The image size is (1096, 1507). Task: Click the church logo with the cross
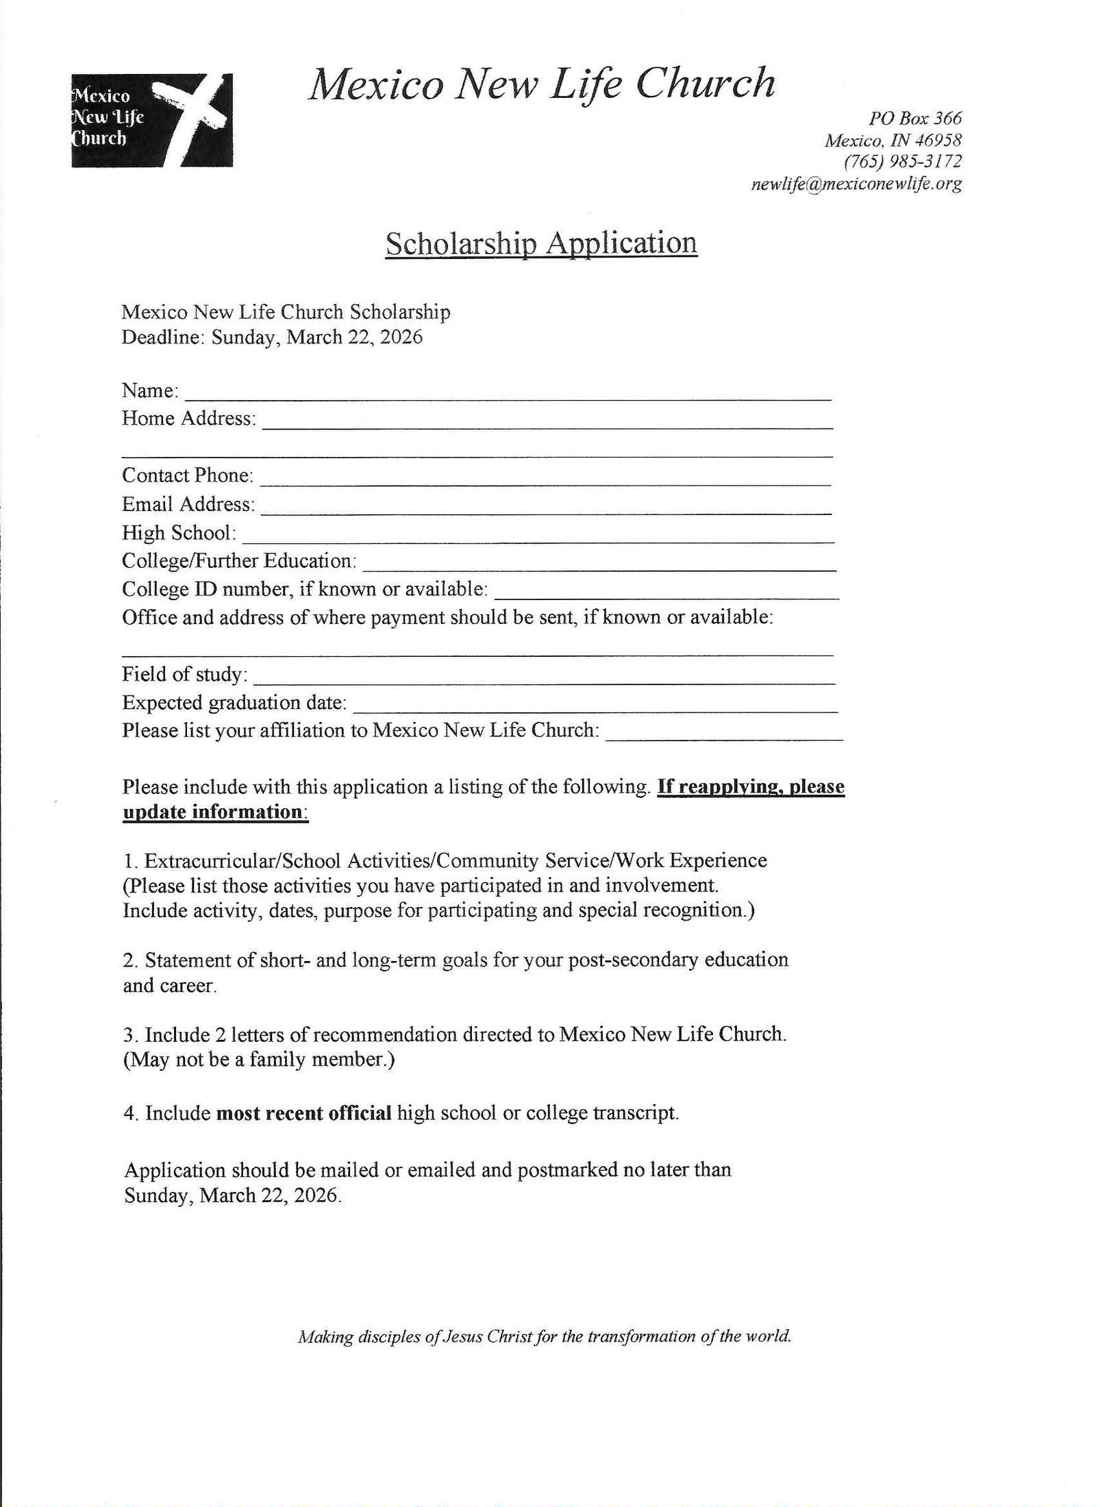[x=151, y=120]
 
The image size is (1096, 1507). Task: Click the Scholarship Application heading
[x=541, y=243]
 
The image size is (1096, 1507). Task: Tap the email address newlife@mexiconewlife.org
[x=856, y=184]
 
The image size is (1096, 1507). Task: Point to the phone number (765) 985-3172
[x=902, y=162]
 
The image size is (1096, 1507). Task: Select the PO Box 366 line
[x=914, y=118]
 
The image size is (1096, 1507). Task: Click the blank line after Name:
[x=508, y=394]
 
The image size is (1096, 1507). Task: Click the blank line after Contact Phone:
[x=545, y=480]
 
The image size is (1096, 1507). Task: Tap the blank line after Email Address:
[x=546, y=508]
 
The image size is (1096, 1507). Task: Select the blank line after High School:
[x=538, y=537]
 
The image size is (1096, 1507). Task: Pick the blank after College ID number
[x=666, y=593]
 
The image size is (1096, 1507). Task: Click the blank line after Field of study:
[x=544, y=679]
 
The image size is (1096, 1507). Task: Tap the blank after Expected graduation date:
[x=595, y=707]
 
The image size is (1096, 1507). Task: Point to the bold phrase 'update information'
[x=213, y=812]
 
